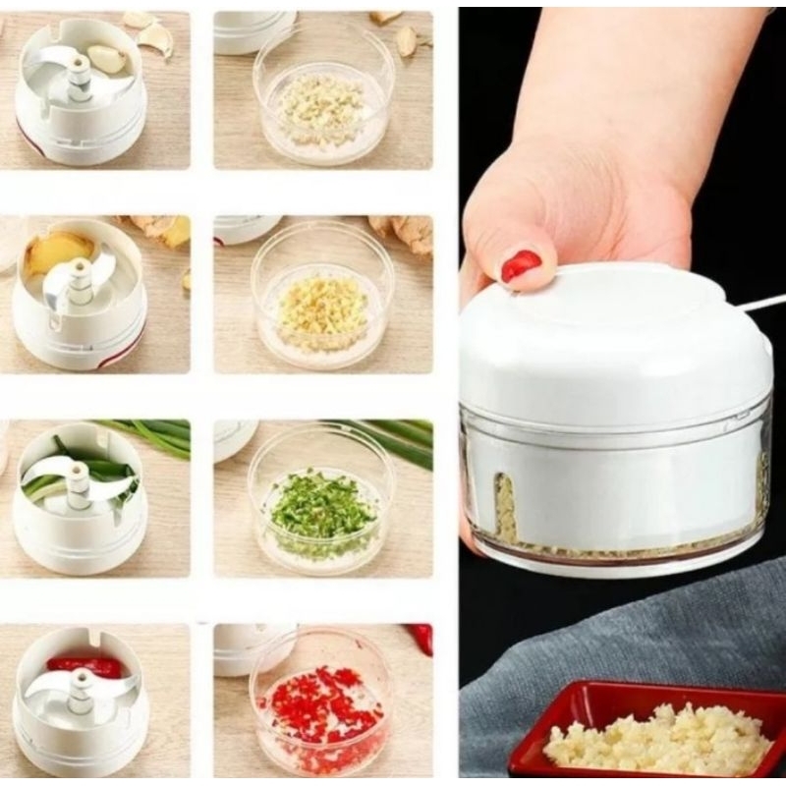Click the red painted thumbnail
pos(520,265)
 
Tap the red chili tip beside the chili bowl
pos(422,637)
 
